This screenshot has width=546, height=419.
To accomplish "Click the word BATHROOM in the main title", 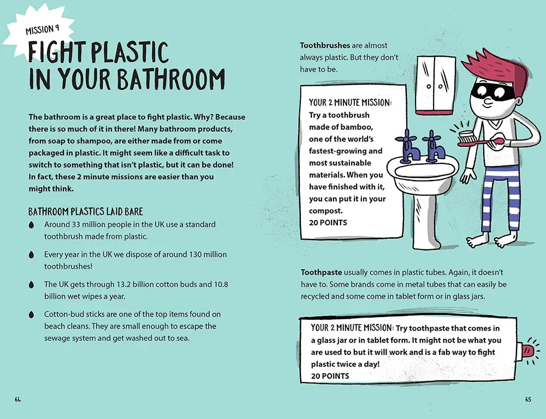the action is [171, 79].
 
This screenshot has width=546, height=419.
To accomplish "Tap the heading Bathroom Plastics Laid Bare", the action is [86, 212].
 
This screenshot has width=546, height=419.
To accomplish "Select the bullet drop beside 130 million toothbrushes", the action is [31, 255].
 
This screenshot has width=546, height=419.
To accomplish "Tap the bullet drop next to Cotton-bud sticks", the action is [31, 315].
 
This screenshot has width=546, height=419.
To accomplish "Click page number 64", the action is [18, 399].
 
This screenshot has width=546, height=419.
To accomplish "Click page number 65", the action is [528, 399].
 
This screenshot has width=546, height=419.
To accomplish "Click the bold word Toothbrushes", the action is [325, 45].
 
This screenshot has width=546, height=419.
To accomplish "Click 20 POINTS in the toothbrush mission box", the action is [328, 223].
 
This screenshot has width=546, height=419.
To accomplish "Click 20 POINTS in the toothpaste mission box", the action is [330, 376].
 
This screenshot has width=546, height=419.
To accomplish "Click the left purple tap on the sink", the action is [407, 146].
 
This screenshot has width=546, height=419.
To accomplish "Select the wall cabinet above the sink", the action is [436, 85].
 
